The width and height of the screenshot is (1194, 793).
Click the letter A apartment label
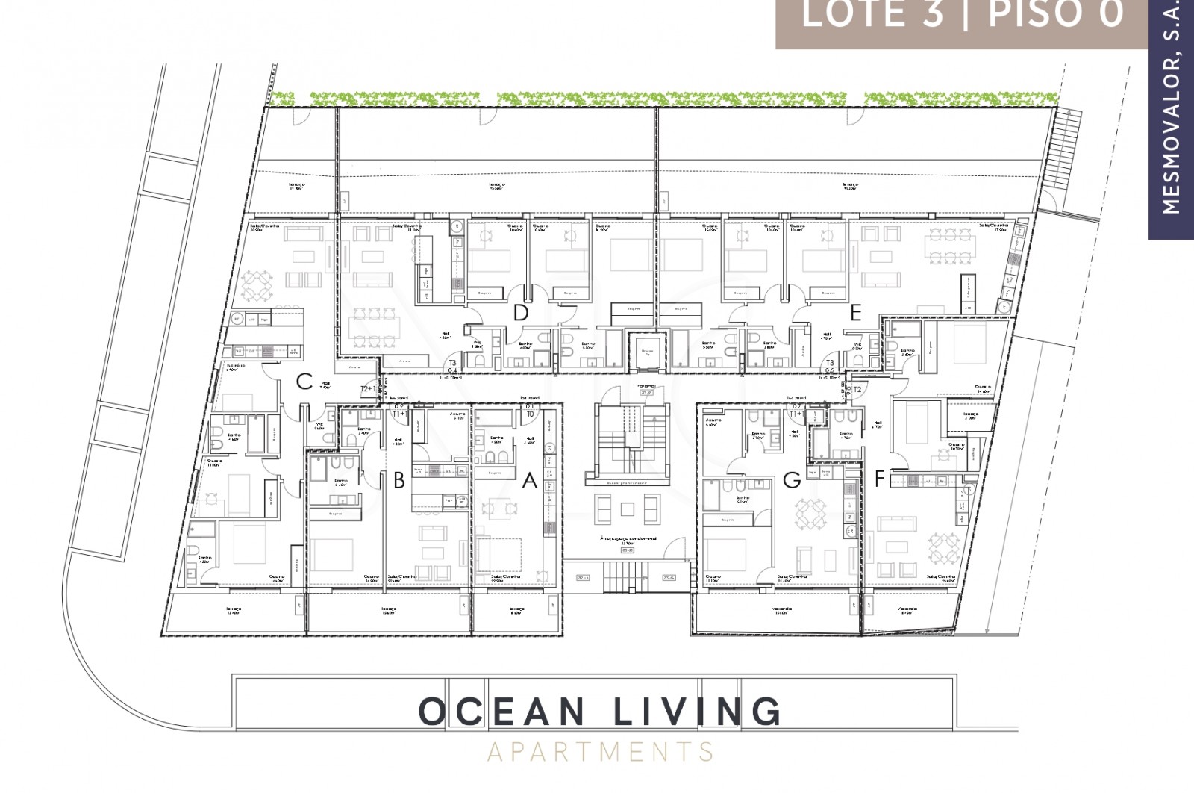(x=529, y=481)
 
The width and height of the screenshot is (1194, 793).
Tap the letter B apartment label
(x=399, y=481)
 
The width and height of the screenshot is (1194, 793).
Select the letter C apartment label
(x=303, y=382)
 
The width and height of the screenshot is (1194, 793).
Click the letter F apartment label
(x=879, y=479)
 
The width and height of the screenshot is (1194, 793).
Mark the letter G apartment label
(x=792, y=481)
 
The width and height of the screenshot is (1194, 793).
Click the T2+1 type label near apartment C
(x=369, y=389)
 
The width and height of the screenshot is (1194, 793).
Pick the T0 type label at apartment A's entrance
(x=530, y=413)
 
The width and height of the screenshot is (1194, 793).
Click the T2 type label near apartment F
(x=857, y=389)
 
